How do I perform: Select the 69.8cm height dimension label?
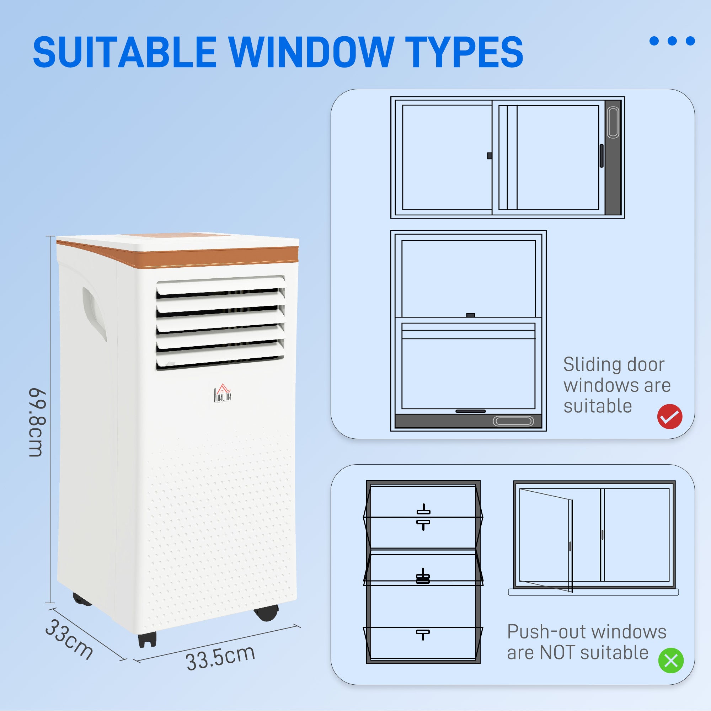point(38,422)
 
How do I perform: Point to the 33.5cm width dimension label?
point(220,658)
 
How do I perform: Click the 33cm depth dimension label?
point(69,640)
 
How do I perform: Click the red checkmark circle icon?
point(670,416)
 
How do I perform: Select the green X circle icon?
point(670,661)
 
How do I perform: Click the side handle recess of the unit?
point(94,313)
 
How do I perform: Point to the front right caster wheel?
point(266,613)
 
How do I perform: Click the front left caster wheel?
point(147,640)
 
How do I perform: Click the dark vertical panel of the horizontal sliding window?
point(613,158)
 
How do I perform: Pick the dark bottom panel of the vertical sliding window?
point(468,421)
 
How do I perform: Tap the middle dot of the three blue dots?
point(672,41)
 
